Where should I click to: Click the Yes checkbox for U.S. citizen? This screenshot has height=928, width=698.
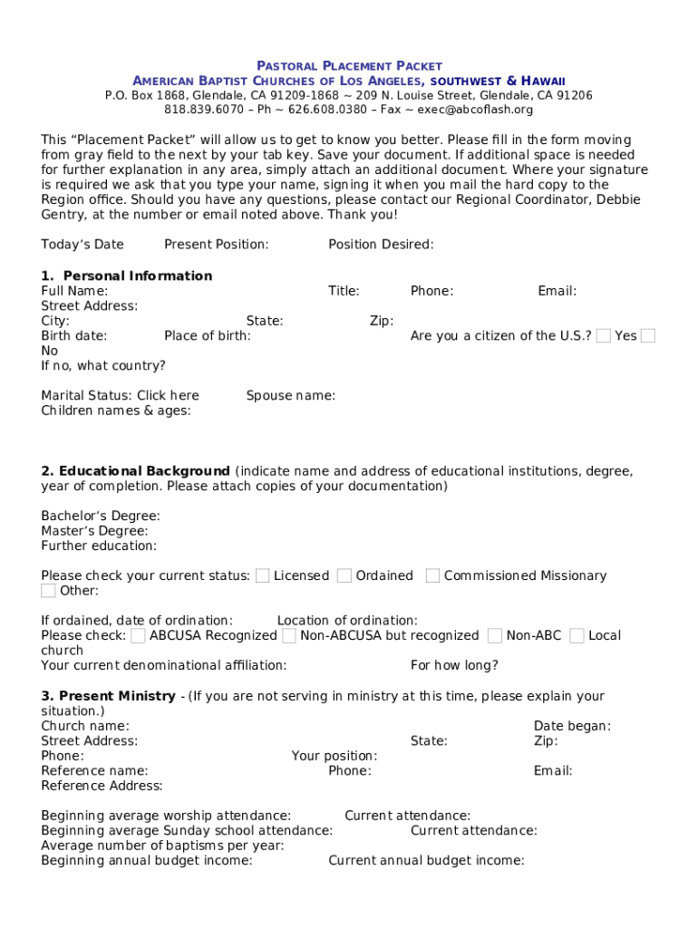click(x=603, y=336)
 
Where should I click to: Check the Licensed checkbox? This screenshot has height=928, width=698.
click(x=262, y=575)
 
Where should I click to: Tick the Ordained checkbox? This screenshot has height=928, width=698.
click(x=344, y=575)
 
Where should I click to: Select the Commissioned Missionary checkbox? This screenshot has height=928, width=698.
click(x=432, y=575)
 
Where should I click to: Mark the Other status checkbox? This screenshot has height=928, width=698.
click(x=48, y=591)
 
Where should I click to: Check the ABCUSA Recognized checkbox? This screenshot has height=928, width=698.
click(x=138, y=635)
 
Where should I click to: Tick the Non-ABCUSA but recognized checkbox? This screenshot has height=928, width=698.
click(x=288, y=635)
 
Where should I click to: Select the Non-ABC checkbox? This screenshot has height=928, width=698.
click(x=495, y=635)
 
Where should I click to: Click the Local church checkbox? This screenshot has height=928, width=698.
click(x=577, y=635)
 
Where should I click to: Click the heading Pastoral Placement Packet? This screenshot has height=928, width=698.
click(x=349, y=66)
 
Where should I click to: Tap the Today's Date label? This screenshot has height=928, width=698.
click(x=82, y=245)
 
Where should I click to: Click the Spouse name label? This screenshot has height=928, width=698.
click(x=290, y=395)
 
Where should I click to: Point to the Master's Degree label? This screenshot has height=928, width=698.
click(x=94, y=531)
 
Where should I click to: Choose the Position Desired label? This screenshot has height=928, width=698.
click(x=381, y=245)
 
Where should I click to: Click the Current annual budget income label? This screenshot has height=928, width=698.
click(x=426, y=861)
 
